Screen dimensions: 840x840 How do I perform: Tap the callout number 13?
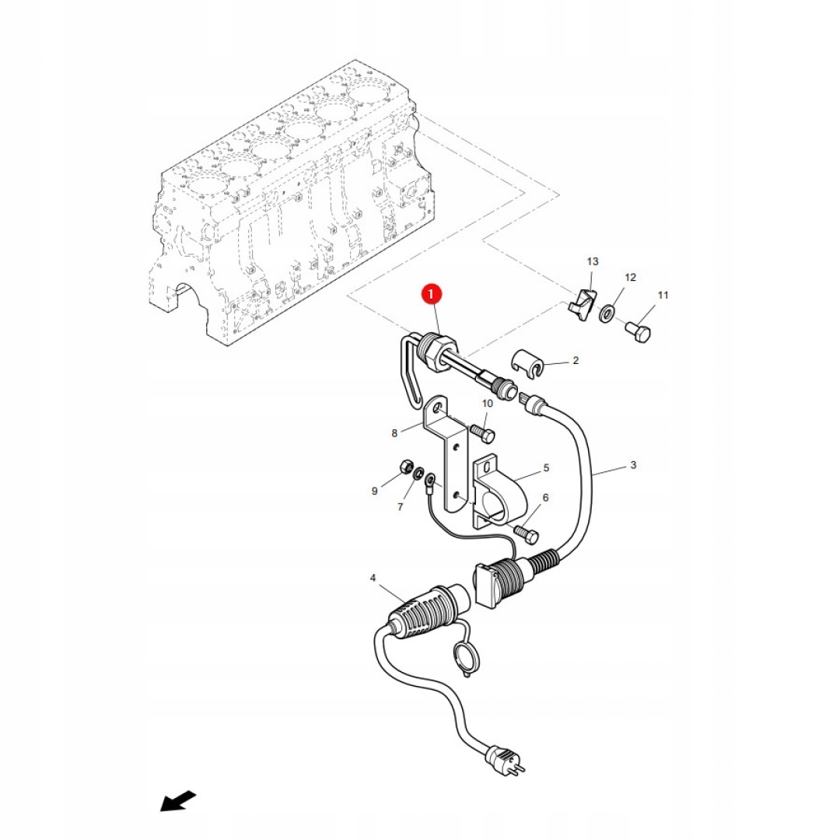coord(593,261)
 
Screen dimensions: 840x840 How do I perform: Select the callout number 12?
coord(630,278)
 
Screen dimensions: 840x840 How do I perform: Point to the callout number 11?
coord(663,296)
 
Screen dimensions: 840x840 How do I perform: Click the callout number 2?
coord(576,361)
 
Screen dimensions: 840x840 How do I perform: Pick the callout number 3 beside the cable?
coord(633,465)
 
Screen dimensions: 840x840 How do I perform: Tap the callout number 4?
coord(373,578)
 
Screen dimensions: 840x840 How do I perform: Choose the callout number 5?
coord(546,468)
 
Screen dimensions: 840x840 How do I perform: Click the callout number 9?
coord(374,491)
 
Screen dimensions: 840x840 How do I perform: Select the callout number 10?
coord(488,404)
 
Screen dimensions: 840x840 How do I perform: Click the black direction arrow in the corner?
coord(178,800)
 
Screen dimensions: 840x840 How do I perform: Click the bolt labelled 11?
coord(638,332)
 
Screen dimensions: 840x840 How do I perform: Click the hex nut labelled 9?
coord(404,467)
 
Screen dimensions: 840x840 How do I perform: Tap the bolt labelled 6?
coord(527,534)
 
